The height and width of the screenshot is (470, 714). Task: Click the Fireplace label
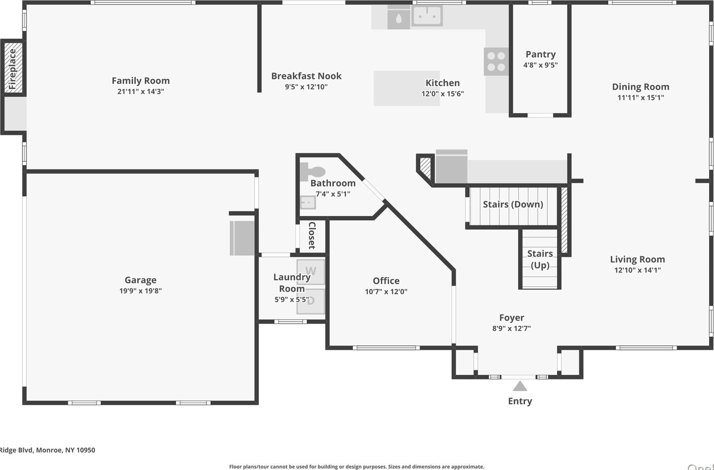tap(12, 68)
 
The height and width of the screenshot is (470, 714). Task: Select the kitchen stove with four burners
tap(496, 62)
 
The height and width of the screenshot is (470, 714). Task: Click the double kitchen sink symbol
tap(427, 16)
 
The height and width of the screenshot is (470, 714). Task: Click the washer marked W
tap(311, 271)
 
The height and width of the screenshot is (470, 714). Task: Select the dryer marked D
tap(311, 301)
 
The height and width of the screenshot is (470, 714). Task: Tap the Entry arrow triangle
tap(520, 386)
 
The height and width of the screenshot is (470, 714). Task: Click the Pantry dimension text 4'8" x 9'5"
tap(540, 65)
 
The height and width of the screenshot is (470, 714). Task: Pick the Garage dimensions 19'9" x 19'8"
tap(140, 291)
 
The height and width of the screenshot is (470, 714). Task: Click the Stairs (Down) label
tap(513, 204)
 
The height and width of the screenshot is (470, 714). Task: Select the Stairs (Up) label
tap(540, 259)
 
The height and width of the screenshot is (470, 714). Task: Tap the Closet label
tap(312, 236)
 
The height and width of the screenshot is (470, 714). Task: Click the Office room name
tap(386, 281)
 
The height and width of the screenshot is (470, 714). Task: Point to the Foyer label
tap(511, 318)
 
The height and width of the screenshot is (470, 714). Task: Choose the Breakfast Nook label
tap(306, 76)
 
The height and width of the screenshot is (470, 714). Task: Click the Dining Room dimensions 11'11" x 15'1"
tap(640, 97)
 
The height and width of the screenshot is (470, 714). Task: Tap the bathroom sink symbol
tap(308, 202)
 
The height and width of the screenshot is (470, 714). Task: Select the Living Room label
tap(637, 259)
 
